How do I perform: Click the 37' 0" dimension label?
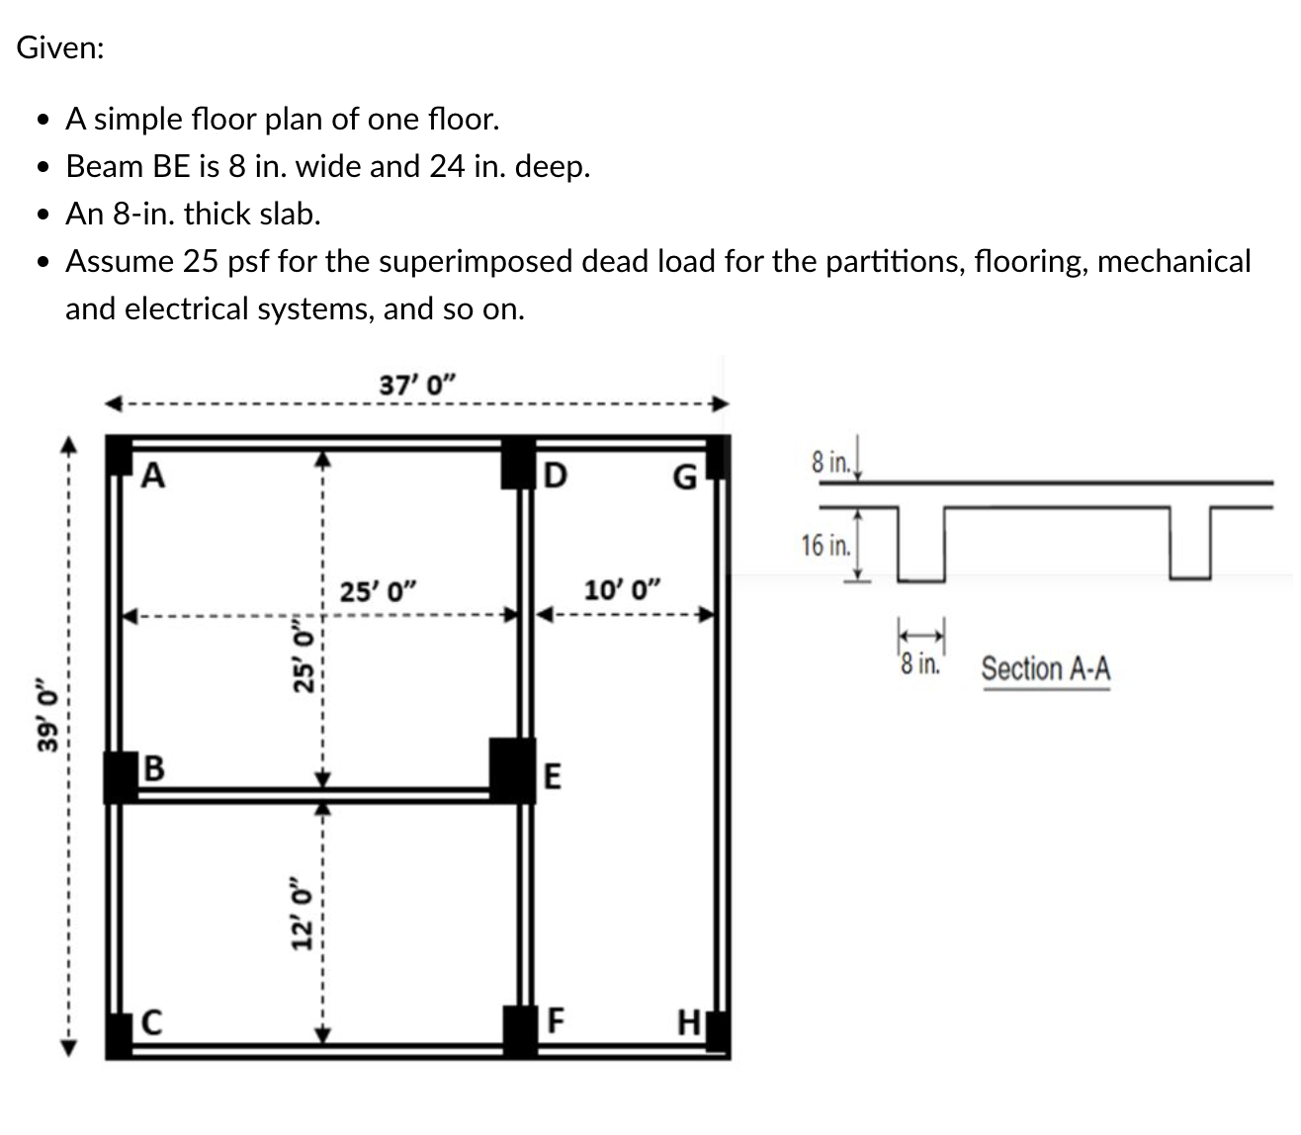(417, 384)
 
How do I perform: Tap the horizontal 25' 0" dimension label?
(379, 592)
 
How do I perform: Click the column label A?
(153, 477)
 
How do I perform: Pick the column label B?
(154, 767)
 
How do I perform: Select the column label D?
(556, 477)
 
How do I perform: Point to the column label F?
(556, 1020)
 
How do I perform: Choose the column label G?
(684, 479)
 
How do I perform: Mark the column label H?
(688, 1022)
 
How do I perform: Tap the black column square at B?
(121, 776)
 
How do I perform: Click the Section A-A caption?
(1045, 669)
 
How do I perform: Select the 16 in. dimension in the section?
(825, 545)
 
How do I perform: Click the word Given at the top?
(59, 48)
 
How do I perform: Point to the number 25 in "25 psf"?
(200, 262)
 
